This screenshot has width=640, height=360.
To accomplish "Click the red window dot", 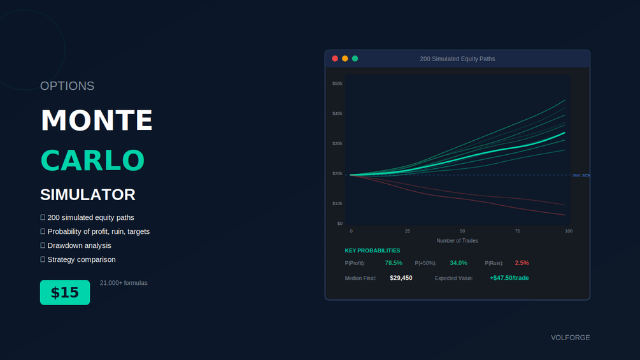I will pos(335,59).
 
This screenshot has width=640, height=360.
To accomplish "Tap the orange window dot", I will pos(345,59).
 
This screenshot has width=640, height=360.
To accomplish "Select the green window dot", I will pos(355,59).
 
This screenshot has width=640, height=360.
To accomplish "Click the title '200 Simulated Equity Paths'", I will pos(457,59).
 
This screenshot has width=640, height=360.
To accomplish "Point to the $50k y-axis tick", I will pos(337,83).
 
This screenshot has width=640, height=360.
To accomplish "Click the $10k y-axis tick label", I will pos(337,203).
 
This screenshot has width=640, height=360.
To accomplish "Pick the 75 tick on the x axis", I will pos(517,231).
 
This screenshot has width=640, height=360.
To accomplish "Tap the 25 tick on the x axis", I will pos(408,231).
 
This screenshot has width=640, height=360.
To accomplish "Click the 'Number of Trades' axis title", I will pos(457,241).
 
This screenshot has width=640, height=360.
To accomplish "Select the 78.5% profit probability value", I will pos(394,263).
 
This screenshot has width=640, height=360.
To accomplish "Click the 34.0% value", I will pos(459,263).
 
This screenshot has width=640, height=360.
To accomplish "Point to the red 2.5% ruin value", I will pos(522,263).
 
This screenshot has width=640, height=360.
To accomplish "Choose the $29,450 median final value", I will pos(401,278).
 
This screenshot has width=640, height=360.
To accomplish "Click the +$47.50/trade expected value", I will pos(509,278).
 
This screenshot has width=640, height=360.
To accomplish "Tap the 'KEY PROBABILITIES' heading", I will pos(373,250).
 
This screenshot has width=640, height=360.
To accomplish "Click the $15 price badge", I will pos(65,292).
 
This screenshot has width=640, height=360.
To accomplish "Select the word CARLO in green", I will pos(93,161).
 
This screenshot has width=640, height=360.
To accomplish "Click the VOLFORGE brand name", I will pos(570,338).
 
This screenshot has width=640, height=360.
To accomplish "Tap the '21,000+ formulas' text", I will pos(124,283).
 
